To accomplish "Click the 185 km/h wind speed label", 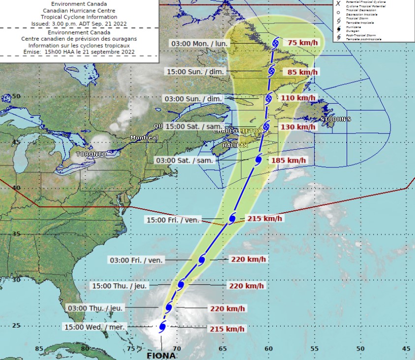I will [x=289, y=161].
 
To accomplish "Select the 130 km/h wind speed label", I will [x=297, y=127].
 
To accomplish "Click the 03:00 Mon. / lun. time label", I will [x=200, y=43].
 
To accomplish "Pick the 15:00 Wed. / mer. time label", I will [x=94, y=327].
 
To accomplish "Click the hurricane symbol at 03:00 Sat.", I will [x=259, y=159].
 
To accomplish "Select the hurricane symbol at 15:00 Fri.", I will [x=233, y=219].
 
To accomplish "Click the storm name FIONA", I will [x=162, y=355].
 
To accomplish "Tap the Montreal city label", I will [x=144, y=138].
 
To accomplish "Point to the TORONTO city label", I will [x=91, y=154].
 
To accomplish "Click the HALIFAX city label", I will [x=235, y=146].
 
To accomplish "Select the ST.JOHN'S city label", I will [x=336, y=119].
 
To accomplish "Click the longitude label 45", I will [x=407, y=349].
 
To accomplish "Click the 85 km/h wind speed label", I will [x=301, y=72].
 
